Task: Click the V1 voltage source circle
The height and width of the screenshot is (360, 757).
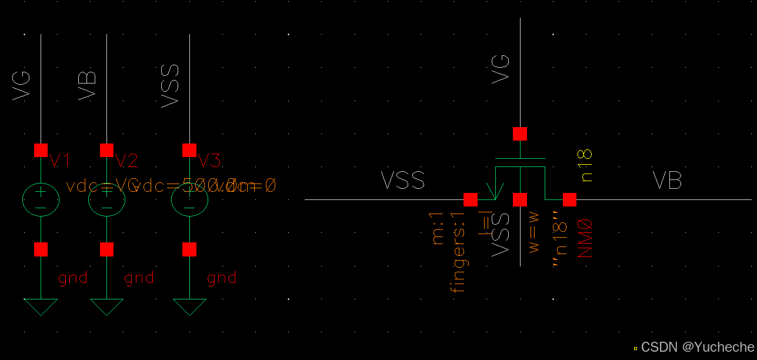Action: (x=41, y=200)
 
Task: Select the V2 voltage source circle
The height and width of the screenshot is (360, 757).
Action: (x=106, y=200)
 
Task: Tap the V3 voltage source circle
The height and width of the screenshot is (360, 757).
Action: (x=189, y=200)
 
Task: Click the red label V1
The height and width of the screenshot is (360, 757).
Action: (x=60, y=161)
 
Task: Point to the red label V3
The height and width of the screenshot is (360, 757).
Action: (x=209, y=161)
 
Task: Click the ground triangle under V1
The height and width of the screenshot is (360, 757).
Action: (x=41, y=306)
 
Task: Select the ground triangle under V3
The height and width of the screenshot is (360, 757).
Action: (x=189, y=306)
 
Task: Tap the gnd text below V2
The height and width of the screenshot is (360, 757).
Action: (x=139, y=278)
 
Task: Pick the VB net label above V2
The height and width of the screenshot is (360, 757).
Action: (x=88, y=85)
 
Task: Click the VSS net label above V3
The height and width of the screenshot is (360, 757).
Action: (x=170, y=86)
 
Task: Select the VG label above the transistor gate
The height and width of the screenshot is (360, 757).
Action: (x=501, y=68)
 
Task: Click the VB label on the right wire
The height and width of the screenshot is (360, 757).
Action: (x=667, y=181)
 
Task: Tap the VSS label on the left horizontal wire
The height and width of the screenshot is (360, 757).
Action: (x=403, y=181)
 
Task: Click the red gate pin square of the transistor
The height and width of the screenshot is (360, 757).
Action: (x=519, y=134)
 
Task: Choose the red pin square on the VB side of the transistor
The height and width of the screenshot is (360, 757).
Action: (x=569, y=200)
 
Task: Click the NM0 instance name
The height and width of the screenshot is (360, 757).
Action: (x=585, y=238)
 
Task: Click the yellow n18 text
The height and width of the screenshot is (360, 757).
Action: (x=585, y=165)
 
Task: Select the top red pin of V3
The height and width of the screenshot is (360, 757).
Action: (x=189, y=150)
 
